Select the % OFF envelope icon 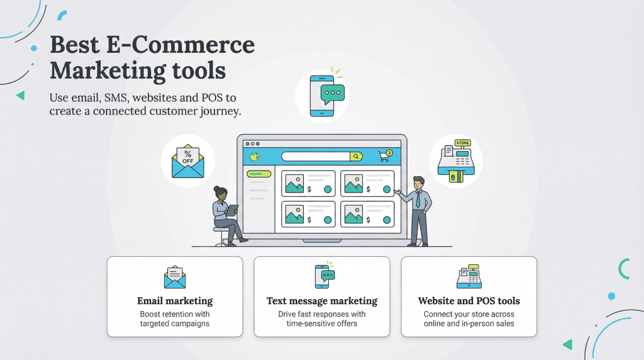[187, 161]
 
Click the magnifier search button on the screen [356, 156]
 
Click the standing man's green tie [418, 200]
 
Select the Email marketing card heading [175, 301]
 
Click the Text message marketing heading [322, 301]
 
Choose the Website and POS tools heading [469, 301]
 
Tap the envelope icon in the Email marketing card [175, 277]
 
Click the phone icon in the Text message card [322, 276]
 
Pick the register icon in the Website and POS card [469, 277]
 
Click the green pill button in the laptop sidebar [258, 174]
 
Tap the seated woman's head [219, 192]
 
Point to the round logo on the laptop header [254, 156]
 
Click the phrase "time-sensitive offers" [322, 323]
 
